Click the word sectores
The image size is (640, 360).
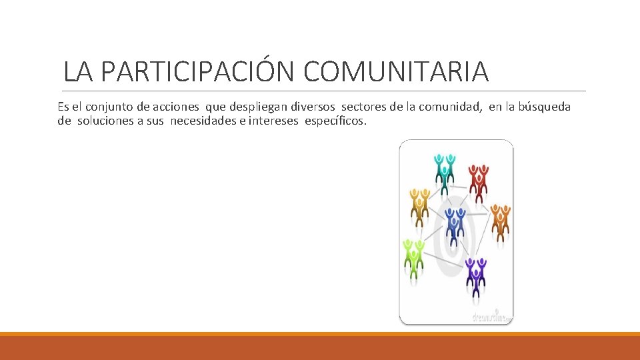pyautogui.click(x=365, y=107)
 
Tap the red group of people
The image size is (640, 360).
pyautogui.click(x=478, y=181)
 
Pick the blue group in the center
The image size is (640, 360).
pyautogui.click(x=455, y=225)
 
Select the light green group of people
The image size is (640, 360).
pyautogui.click(x=414, y=257)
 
